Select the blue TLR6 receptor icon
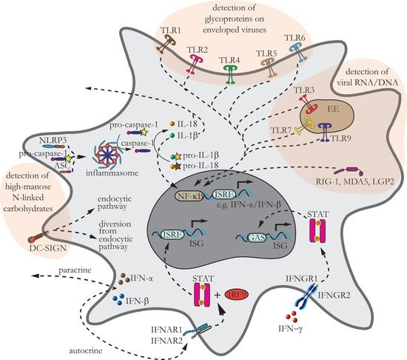(297, 50)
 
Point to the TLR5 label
(266, 53)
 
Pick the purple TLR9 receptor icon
(326, 132)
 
